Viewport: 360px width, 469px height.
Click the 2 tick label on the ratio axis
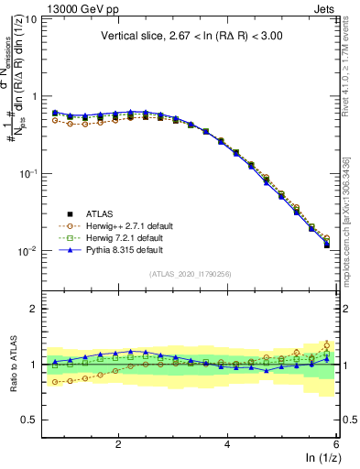pyautogui.click(x=32, y=309)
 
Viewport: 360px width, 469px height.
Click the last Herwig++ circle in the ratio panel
pyautogui.click(x=327, y=345)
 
